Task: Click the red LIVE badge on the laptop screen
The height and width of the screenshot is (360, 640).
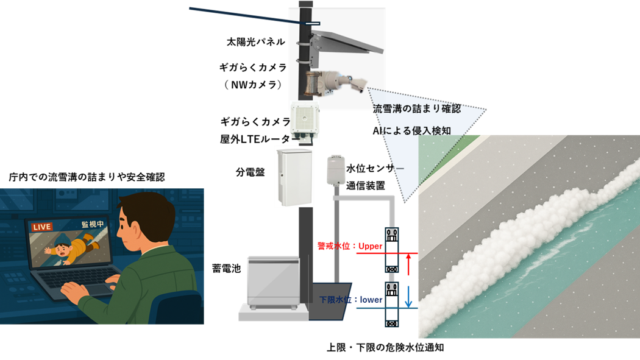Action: tap(42, 227)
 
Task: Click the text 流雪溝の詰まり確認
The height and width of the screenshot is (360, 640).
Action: tap(416, 109)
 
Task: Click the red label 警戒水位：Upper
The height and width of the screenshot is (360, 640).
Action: tap(349, 247)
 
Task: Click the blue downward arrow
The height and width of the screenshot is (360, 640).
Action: tap(409, 295)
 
